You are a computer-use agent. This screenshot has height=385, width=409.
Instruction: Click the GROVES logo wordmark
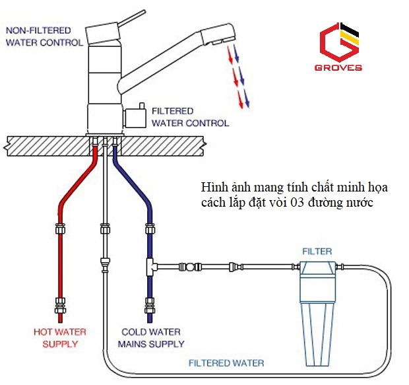(338, 67)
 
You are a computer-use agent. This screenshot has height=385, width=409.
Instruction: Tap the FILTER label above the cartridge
(317, 251)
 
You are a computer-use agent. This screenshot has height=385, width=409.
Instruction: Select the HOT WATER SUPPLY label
(60, 338)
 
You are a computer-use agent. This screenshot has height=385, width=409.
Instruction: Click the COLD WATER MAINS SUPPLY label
(151, 338)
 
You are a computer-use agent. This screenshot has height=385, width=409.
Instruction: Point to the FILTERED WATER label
(226, 363)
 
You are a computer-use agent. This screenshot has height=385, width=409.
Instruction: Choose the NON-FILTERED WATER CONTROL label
(44, 36)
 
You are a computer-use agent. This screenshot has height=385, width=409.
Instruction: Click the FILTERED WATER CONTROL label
(191, 117)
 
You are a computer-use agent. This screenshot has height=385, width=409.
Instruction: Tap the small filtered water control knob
(135, 117)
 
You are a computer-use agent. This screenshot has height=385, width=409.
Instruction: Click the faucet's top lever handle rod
(132, 18)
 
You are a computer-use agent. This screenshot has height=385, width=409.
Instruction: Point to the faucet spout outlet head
(218, 34)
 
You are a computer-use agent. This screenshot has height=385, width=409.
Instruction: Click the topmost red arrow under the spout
(230, 55)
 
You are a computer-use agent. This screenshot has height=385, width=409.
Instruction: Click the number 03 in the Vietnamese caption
(297, 203)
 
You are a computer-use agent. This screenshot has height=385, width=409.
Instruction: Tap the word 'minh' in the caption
(350, 188)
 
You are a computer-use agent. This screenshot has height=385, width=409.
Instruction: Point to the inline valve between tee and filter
(190, 267)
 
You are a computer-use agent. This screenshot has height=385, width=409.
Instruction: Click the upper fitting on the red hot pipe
(60, 229)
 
